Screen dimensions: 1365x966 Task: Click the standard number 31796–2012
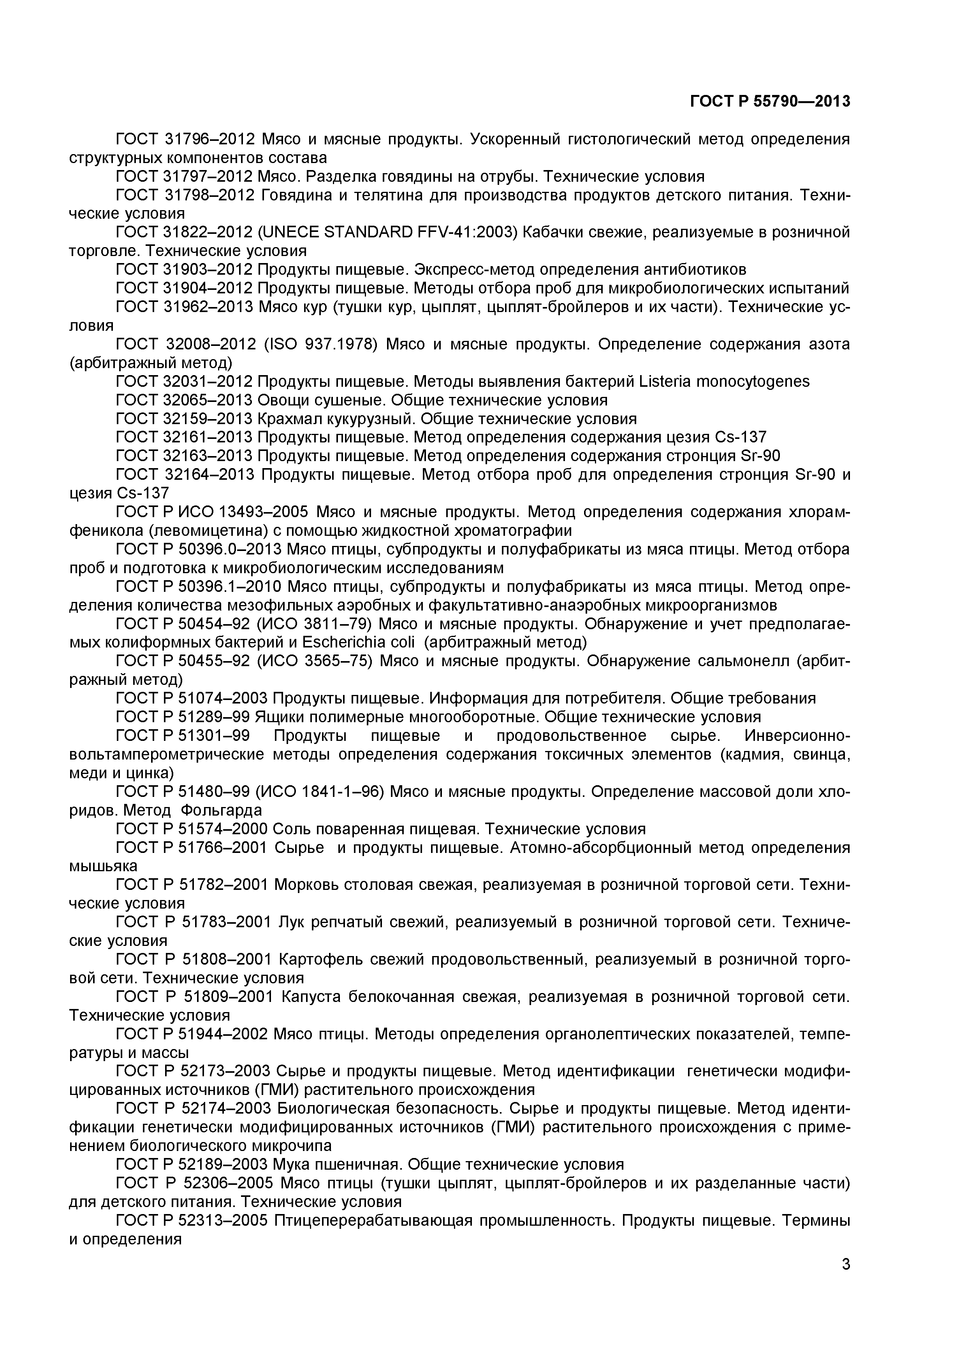tap(209, 139)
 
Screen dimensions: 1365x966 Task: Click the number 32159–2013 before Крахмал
tap(208, 419)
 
